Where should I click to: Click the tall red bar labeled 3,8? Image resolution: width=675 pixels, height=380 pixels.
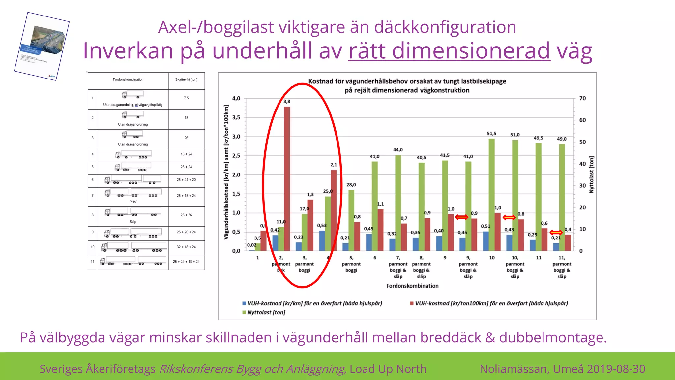coord(287,178)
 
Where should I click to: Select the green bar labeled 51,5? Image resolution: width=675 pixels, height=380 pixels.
coord(491,195)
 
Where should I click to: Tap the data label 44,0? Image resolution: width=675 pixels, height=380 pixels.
coord(398,150)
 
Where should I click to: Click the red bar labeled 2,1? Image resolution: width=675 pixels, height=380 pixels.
coord(334,210)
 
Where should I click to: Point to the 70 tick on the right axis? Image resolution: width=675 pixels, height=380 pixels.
coord(582,98)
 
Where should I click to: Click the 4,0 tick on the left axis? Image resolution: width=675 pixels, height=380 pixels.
coord(236,98)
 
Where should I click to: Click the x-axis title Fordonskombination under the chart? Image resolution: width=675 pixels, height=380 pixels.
coord(412,286)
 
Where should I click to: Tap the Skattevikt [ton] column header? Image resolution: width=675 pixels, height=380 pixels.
coord(186,79)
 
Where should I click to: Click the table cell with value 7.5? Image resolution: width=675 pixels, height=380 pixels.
coord(186,98)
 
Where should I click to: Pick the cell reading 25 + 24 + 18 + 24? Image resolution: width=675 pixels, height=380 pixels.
coord(186,262)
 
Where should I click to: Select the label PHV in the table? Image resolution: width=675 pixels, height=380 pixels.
coord(133,202)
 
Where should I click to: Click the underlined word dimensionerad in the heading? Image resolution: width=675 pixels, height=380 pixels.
coord(449,51)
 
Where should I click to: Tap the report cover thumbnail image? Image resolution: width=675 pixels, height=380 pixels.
coord(42,46)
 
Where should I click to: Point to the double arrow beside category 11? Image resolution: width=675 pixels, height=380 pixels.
coord(556,232)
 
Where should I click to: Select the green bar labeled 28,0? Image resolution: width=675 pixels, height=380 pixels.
coord(351,220)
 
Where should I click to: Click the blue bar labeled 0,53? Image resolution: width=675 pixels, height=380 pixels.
coord(322,240)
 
